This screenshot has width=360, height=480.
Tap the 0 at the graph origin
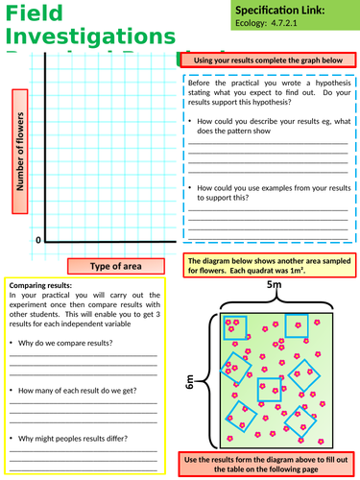tap(39, 239)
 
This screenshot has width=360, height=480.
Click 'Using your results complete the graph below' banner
tap(268, 60)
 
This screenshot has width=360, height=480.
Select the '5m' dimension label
tap(275, 286)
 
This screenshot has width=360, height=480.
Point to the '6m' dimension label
tap(190, 381)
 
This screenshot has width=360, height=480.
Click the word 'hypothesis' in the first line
tap(319, 83)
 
